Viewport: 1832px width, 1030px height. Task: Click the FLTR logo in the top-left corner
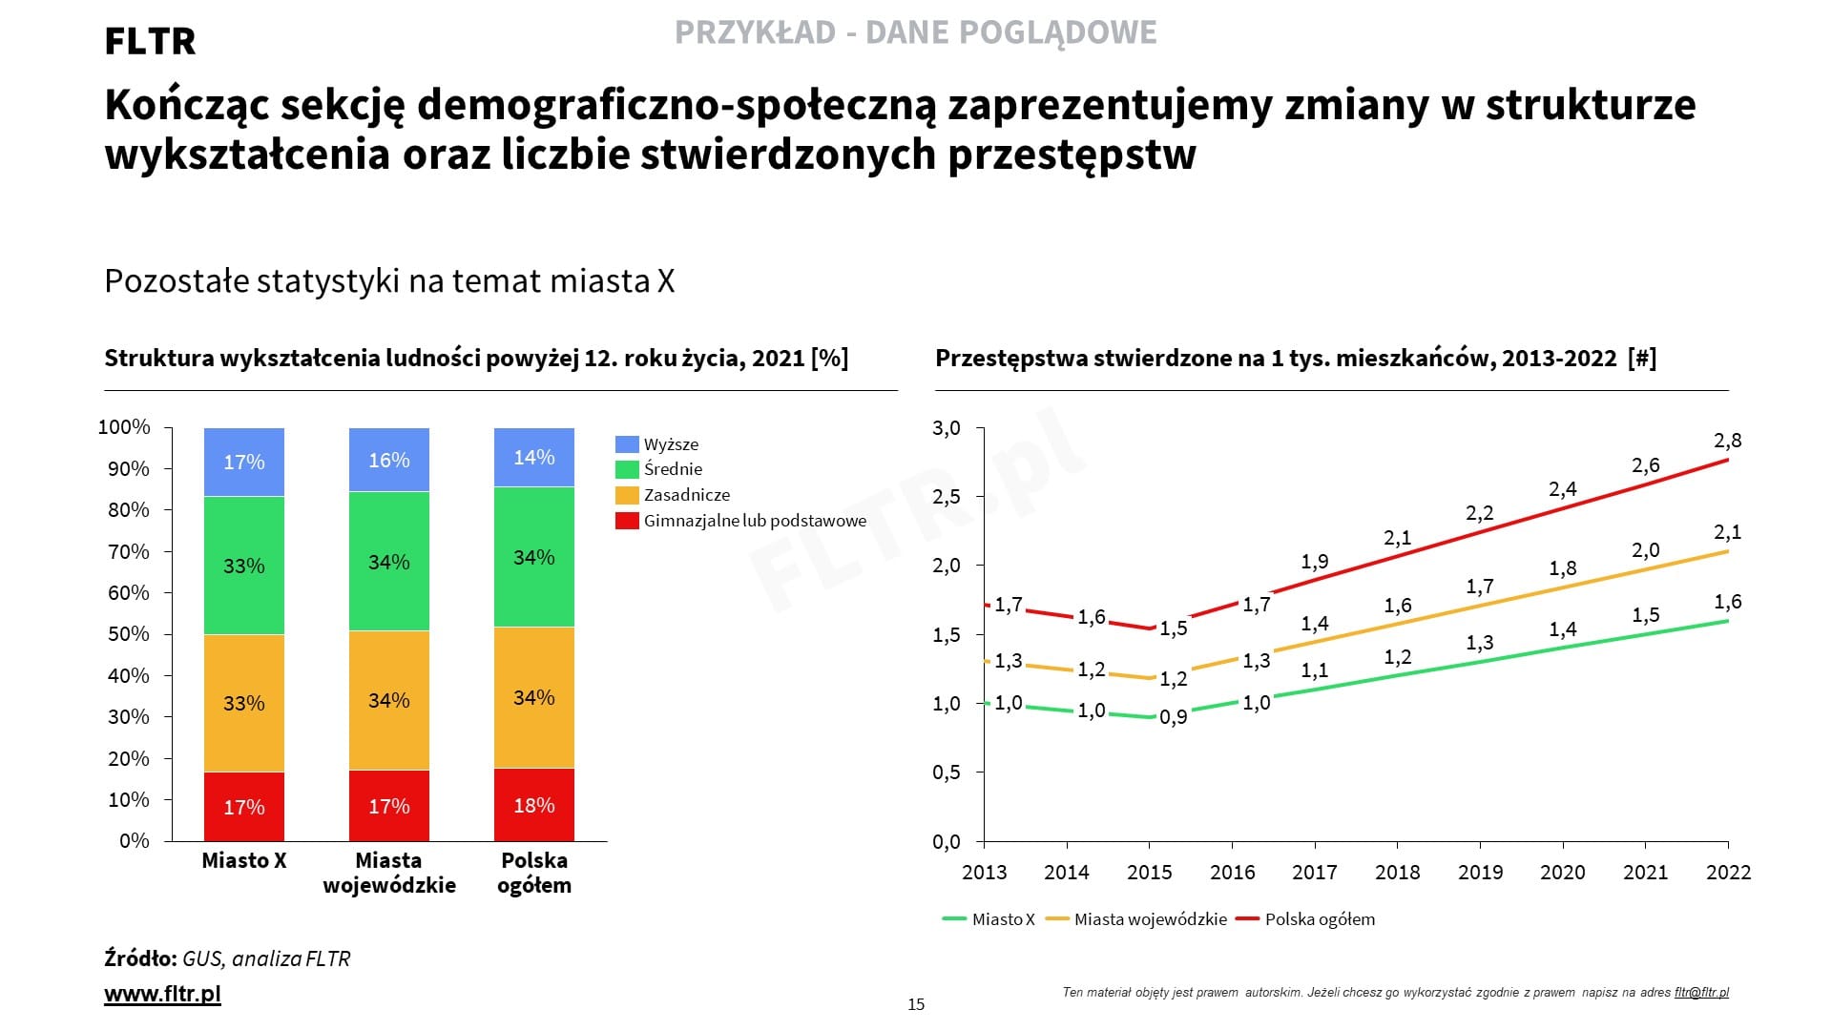pos(150,41)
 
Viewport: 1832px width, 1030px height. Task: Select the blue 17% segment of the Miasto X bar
pos(244,463)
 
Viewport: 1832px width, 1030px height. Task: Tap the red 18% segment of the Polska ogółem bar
pos(534,805)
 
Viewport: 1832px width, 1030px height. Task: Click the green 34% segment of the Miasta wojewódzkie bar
pos(389,562)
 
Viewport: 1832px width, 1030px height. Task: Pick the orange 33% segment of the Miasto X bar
pos(244,703)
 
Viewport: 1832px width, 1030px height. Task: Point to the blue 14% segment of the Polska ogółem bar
pos(534,458)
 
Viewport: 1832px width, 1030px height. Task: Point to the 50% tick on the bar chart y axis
pos(129,634)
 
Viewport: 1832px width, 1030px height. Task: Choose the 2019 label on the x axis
pos(1480,872)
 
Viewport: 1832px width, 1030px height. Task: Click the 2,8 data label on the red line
pos(1727,441)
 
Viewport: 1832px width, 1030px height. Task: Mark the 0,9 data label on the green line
pos(1174,716)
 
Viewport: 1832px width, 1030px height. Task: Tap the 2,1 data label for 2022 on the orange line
pos(1727,532)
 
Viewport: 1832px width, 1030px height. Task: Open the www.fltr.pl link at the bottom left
pos(162,994)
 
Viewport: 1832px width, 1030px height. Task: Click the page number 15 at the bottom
pos(916,1004)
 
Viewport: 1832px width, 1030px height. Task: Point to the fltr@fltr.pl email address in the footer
pos(1701,992)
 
